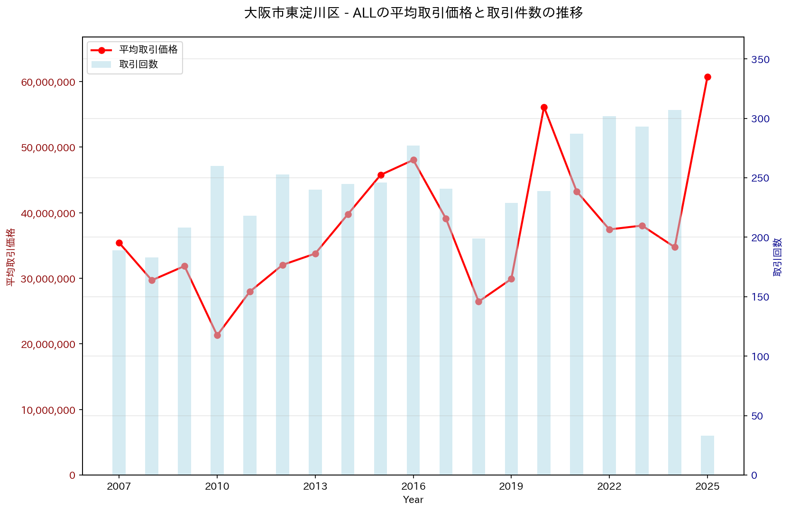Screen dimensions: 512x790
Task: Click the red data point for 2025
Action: point(707,77)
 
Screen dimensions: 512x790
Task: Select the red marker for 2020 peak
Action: point(544,107)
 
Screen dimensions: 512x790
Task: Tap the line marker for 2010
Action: point(217,335)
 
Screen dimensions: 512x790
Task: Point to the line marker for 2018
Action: point(478,302)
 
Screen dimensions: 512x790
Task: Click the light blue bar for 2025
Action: point(707,455)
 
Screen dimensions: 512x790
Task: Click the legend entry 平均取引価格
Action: point(148,50)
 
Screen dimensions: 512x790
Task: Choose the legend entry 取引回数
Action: point(138,64)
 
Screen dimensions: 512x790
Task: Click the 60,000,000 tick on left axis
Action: point(48,82)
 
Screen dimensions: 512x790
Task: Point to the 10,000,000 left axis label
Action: point(48,410)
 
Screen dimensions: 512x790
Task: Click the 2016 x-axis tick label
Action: point(413,486)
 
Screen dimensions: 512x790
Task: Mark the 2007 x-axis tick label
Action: point(119,486)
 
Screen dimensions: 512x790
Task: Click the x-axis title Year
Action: point(413,500)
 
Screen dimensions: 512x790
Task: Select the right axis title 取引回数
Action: point(778,256)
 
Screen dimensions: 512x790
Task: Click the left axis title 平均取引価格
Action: point(10,256)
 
